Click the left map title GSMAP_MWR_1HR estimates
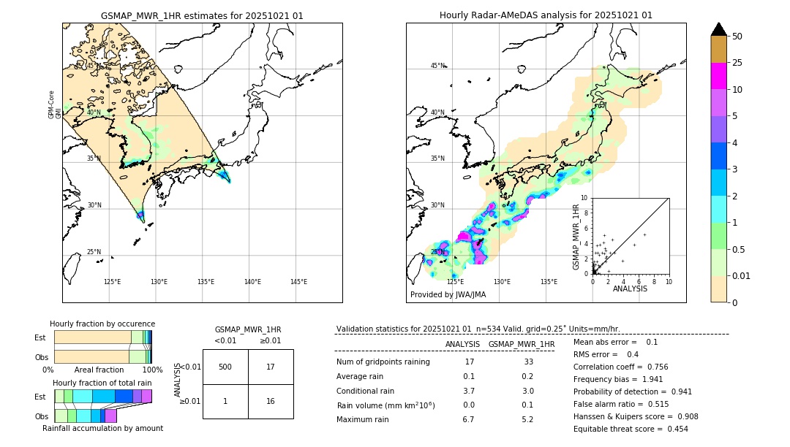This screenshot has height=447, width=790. point(202,15)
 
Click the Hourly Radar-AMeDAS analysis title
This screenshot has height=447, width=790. point(546,15)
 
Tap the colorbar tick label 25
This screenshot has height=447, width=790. point(737,63)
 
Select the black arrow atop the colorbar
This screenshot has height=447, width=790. point(719,29)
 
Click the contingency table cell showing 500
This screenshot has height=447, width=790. point(225,367)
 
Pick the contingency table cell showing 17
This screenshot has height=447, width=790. point(271,367)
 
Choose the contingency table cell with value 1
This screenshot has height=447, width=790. point(225,401)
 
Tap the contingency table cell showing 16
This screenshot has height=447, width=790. point(271,401)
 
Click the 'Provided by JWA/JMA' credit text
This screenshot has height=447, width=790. point(448,294)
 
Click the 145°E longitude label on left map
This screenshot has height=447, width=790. point(298,282)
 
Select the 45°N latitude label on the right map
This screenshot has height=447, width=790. point(437,66)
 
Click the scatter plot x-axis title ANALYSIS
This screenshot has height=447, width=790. point(630,289)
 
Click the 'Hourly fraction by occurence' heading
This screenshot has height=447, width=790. point(102,324)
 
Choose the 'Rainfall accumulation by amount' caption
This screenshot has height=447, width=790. point(102,428)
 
